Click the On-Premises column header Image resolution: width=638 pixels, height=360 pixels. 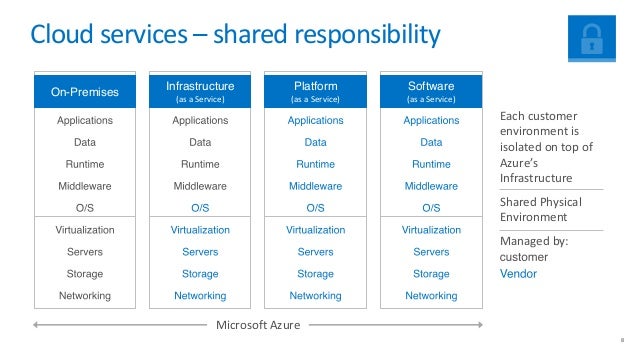[85, 93]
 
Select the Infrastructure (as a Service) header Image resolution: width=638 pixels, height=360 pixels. [200, 92]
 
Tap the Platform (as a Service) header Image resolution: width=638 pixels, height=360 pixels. [315, 92]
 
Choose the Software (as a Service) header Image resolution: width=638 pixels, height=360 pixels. [431, 92]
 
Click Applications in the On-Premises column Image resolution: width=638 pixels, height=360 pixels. [85, 121]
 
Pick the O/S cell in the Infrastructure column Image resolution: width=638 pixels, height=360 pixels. [200, 208]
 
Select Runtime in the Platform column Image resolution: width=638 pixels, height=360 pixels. [315, 164]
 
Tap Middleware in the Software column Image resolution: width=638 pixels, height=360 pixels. [431, 186]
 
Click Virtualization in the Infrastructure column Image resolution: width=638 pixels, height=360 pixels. [200, 230]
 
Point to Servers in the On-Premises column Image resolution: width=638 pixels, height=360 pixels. [85, 252]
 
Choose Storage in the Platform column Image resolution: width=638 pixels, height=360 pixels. [315, 274]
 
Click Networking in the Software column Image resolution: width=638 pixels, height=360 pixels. [431, 296]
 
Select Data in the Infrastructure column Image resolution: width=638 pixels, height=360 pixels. [200, 142]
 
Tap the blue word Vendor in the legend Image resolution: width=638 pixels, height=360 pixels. [518, 273]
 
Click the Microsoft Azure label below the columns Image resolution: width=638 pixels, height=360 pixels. [258, 325]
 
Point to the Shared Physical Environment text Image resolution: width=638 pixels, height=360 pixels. [540, 209]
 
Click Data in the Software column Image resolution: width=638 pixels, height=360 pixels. [431, 142]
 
